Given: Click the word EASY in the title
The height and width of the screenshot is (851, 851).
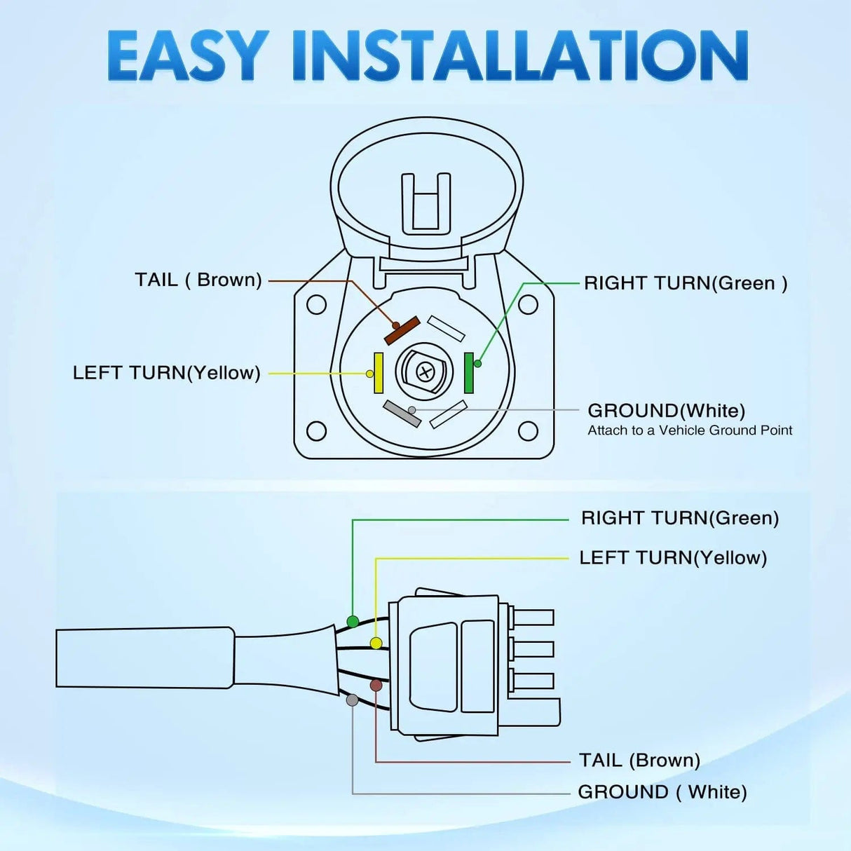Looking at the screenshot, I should click(188, 55).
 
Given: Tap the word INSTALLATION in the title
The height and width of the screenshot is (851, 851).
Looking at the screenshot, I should click(520, 55).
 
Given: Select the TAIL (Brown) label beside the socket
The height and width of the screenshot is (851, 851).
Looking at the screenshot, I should click(198, 280).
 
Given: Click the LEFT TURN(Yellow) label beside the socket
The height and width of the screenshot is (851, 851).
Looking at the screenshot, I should click(167, 372).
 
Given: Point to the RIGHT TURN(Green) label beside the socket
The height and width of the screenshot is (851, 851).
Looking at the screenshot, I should click(686, 283).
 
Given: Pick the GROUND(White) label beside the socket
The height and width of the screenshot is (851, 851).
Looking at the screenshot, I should click(666, 410).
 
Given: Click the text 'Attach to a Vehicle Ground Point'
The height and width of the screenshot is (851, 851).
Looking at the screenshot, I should click(690, 430).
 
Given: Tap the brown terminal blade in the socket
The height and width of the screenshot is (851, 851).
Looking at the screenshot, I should click(402, 331).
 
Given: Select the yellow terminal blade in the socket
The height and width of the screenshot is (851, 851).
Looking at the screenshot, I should click(379, 372).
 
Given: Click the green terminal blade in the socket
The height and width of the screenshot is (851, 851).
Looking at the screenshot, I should click(469, 372).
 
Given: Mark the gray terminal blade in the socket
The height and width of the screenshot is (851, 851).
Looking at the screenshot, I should click(402, 414).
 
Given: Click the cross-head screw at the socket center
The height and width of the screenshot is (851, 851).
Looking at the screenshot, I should click(425, 372).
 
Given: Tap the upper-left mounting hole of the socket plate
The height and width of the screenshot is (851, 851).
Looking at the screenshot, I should click(317, 305).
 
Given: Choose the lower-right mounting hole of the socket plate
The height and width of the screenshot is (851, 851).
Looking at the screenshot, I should click(528, 430).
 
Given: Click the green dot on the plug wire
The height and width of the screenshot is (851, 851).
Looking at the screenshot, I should click(353, 622).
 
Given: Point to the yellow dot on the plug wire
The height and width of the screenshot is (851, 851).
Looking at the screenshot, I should click(376, 644).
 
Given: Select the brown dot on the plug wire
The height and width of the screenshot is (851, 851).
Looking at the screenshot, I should click(376, 685).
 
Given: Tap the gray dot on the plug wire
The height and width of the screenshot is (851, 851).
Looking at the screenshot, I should click(353, 700).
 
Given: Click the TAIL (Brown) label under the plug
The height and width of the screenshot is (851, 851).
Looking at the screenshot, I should click(639, 760).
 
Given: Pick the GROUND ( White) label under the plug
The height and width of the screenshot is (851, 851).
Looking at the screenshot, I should click(662, 792).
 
